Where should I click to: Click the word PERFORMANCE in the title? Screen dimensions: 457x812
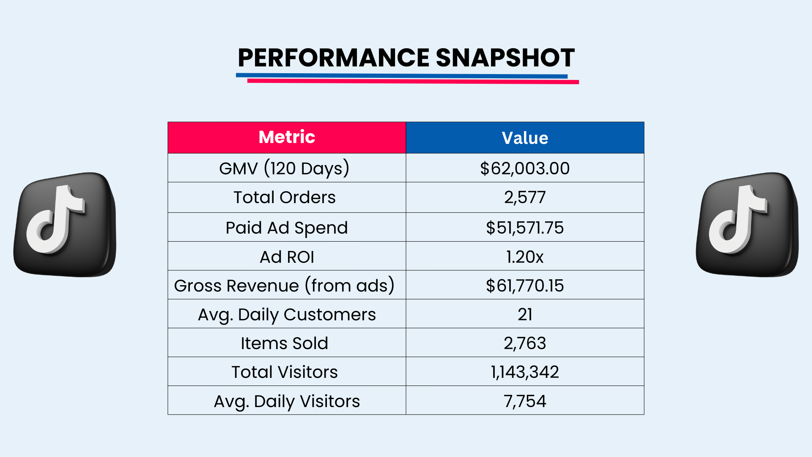(x=333, y=58)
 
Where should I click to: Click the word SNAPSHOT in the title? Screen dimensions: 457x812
(x=505, y=58)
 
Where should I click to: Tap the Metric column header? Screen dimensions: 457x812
(x=287, y=137)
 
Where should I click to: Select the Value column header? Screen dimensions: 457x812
(x=525, y=138)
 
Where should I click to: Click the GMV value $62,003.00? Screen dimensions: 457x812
(x=525, y=168)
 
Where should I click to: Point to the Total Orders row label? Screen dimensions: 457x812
(x=284, y=197)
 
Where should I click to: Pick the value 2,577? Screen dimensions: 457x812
(x=525, y=197)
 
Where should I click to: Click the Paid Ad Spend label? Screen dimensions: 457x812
(x=286, y=228)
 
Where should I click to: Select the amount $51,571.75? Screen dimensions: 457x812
(x=525, y=228)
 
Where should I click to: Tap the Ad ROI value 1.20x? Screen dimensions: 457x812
(x=525, y=257)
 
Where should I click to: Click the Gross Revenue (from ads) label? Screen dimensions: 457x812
(x=284, y=286)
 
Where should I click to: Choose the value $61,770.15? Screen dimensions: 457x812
(x=525, y=286)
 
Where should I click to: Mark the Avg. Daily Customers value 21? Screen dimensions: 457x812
(x=525, y=314)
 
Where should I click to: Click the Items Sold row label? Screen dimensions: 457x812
(x=284, y=343)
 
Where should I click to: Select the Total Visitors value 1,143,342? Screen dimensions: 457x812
(x=525, y=372)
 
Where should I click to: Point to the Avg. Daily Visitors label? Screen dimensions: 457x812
(x=286, y=401)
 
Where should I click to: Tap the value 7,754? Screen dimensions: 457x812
(x=525, y=401)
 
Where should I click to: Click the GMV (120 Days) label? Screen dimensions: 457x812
(x=284, y=168)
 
